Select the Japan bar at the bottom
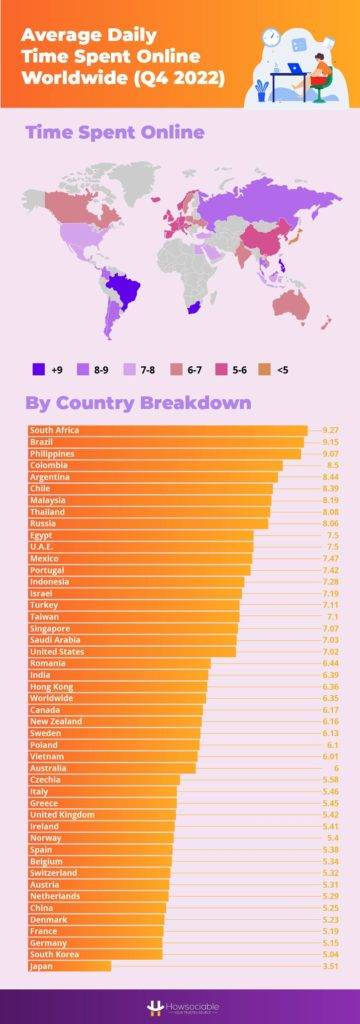pyautogui.click(x=70, y=967)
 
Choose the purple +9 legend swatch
pyautogui.click(x=38, y=369)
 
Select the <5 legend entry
pyautogui.click(x=279, y=369)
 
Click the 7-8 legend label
pyautogui.click(x=146, y=369)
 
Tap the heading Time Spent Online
pyautogui.click(x=114, y=132)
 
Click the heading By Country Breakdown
pyautogui.click(x=138, y=403)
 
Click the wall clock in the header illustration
pyautogui.click(x=270, y=37)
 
